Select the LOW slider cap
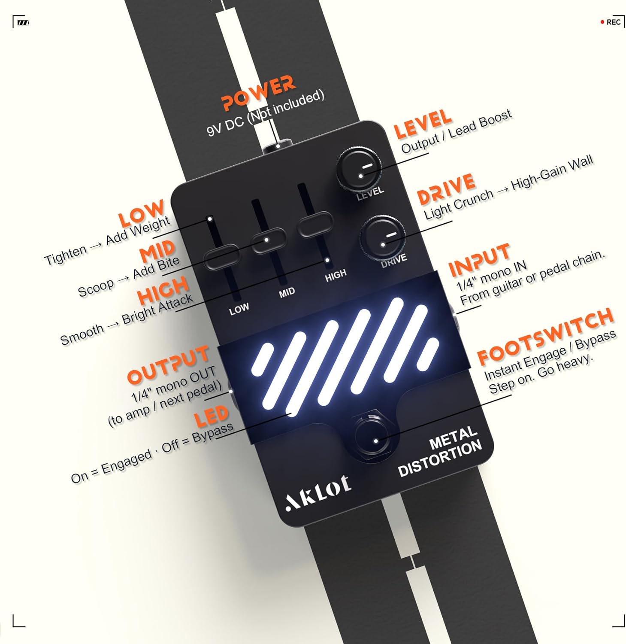(221, 257)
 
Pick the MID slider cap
(268, 240)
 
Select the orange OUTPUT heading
(168, 365)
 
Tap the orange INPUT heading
(479, 260)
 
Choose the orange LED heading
(211, 416)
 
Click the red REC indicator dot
(602, 22)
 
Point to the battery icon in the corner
(23, 22)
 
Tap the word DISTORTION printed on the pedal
(440, 459)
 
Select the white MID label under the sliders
(287, 292)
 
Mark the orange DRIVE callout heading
(446, 189)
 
